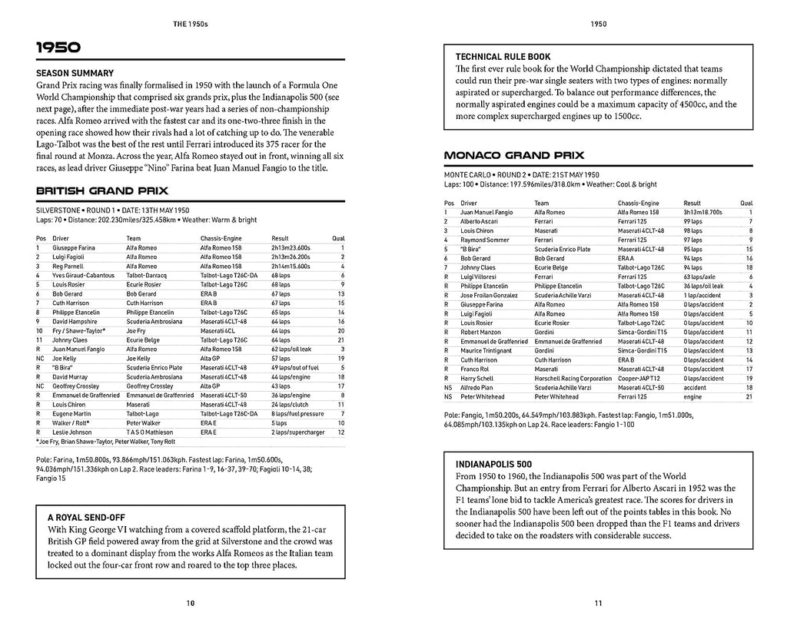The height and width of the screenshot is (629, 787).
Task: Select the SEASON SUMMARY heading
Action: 74,74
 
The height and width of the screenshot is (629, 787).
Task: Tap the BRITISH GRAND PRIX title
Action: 102,190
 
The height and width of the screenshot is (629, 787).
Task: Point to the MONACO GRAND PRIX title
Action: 508,155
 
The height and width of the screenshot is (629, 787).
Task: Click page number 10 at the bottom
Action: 191,603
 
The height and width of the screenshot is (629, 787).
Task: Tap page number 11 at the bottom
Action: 599,603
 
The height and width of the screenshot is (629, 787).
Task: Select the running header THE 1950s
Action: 191,24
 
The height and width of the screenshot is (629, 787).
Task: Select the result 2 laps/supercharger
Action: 300,432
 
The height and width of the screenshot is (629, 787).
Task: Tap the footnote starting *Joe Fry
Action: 105,442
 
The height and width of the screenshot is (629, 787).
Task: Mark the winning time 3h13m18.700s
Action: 703,211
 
